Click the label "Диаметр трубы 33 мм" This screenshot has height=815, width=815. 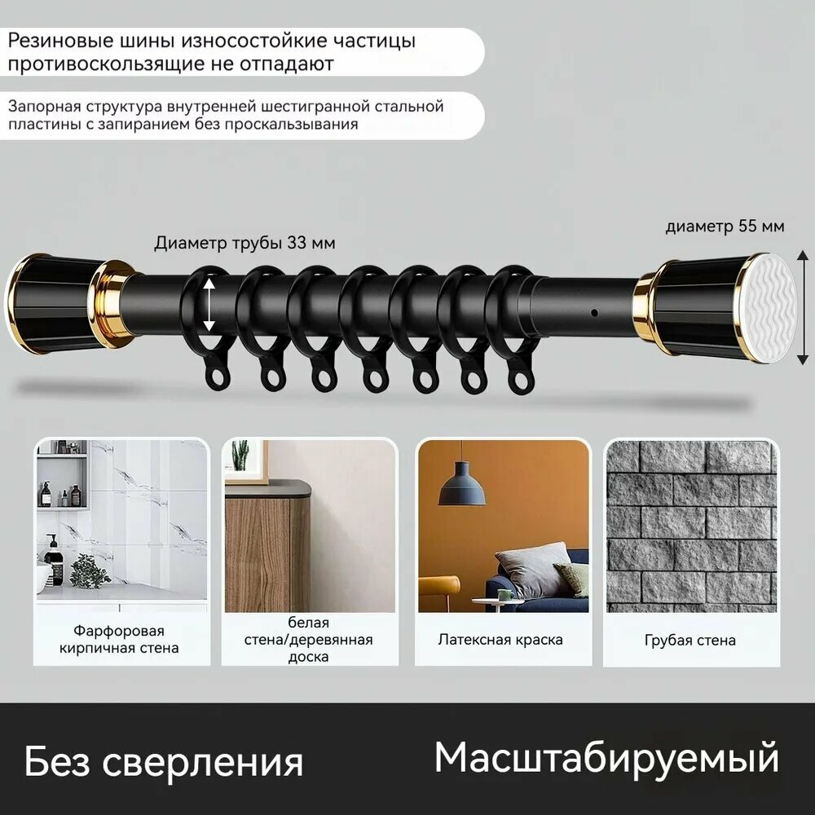(x=244, y=243)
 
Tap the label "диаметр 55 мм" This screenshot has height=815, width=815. (x=725, y=227)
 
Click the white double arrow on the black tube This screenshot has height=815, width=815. (x=209, y=304)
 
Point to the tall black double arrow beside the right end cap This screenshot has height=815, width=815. (x=803, y=308)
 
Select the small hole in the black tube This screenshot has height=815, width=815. (x=595, y=313)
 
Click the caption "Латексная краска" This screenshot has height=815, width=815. (x=500, y=640)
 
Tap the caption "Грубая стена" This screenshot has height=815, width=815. (x=689, y=641)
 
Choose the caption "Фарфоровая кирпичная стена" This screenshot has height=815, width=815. (x=119, y=640)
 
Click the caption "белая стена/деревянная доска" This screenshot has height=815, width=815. (x=308, y=640)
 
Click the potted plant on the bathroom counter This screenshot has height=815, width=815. (x=89, y=571)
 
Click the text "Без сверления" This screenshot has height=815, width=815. (x=164, y=761)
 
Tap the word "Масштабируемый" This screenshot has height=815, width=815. (x=606, y=758)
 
